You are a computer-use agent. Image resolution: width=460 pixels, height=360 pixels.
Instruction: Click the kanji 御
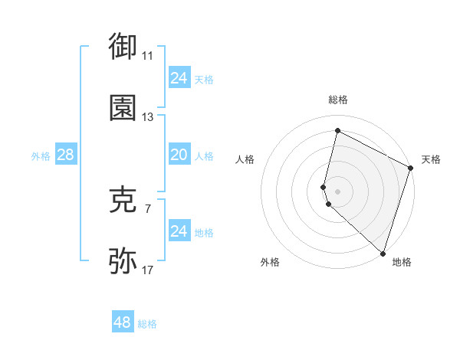tap(123, 46)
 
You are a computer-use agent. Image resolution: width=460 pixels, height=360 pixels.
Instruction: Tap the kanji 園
tap(123, 108)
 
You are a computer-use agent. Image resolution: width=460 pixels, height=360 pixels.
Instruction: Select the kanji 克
tap(123, 200)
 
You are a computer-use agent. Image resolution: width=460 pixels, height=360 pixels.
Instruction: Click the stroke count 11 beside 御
tap(147, 56)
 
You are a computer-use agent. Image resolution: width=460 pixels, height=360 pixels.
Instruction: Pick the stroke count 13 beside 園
tap(147, 117)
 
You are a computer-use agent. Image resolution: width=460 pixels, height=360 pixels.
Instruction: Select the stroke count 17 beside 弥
tap(147, 270)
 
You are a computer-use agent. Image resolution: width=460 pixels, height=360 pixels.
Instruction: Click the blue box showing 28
tap(65, 155)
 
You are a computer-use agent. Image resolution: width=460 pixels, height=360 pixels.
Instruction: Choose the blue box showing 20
tap(179, 155)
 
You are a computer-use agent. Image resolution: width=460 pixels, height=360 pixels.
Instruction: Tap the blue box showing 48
tap(123, 322)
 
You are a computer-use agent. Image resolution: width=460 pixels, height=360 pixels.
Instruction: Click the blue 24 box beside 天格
tap(179, 78)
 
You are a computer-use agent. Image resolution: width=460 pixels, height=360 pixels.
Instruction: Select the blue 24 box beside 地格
tap(179, 231)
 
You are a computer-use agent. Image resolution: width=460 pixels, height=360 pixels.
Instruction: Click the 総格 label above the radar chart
tap(337, 100)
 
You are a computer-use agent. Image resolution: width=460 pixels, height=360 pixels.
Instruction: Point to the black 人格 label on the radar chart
tap(245, 159)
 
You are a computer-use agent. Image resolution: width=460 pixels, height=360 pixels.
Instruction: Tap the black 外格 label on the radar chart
tap(270, 262)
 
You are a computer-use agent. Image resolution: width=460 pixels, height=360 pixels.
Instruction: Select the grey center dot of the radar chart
tap(337, 190)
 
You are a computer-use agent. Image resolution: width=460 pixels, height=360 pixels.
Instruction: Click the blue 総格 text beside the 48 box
tap(147, 324)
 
